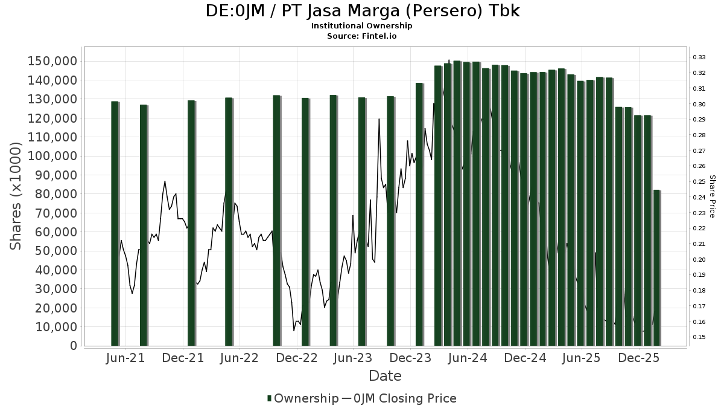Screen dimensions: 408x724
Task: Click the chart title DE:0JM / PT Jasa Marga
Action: (361, 11)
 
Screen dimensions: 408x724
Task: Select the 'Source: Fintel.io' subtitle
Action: (361, 36)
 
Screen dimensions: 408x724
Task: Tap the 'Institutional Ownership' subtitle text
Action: (361, 26)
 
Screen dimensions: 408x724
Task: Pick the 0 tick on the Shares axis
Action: (73, 346)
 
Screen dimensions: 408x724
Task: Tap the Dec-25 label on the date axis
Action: (639, 358)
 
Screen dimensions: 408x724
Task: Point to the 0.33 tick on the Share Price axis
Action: (699, 57)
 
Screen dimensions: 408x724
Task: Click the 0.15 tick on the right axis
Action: (699, 337)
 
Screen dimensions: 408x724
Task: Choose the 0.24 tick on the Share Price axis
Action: (699, 198)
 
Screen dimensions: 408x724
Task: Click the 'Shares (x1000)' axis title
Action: (16, 196)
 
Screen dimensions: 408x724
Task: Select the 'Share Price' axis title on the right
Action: (712, 196)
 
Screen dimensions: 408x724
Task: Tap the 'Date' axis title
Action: (385, 376)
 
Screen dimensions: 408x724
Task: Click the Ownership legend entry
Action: (303, 398)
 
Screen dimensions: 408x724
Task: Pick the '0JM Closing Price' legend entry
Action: (399, 398)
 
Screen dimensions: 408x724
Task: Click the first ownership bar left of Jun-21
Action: (115, 224)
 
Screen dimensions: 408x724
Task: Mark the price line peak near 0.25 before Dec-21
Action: (165, 181)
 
